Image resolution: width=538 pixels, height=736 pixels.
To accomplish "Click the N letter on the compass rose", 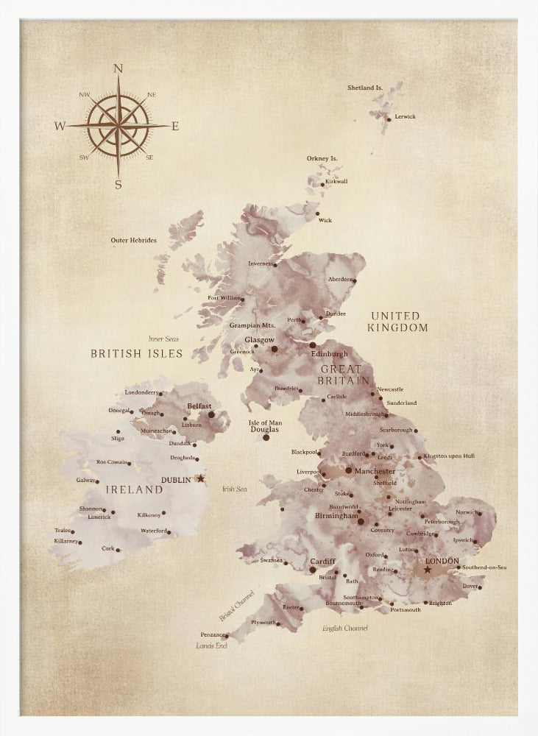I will click(118, 68).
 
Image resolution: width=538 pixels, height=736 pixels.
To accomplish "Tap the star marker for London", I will click(427, 570).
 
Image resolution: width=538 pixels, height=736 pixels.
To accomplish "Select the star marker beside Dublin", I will click(200, 478).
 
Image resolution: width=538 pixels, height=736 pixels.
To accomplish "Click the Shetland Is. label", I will click(365, 88).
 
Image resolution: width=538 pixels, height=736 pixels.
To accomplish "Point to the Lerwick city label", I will click(406, 116).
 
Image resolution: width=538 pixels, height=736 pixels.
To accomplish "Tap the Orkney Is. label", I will click(322, 158).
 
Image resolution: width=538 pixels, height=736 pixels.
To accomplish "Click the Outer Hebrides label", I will click(133, 240).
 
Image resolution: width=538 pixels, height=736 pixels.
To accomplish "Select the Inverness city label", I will click(261, 263).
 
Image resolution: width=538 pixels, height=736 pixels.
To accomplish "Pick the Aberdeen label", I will click(341, 279).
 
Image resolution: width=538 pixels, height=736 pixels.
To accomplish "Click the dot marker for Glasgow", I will click(275, 349).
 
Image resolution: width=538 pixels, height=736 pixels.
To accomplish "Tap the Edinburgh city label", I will click(330, 354).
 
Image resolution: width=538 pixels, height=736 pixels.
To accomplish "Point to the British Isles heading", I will click(136, 353).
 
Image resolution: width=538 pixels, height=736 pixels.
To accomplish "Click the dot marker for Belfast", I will click(211, 414).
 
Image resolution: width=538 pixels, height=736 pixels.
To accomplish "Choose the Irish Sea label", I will click(234, 489).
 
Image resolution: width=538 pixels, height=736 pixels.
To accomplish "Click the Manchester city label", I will click(375, 470).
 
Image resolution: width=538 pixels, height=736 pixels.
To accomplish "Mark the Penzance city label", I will click(212, 634).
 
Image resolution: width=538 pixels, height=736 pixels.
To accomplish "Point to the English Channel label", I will click(345, 628).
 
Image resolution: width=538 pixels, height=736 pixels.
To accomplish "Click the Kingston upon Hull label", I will click(450, 456).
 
